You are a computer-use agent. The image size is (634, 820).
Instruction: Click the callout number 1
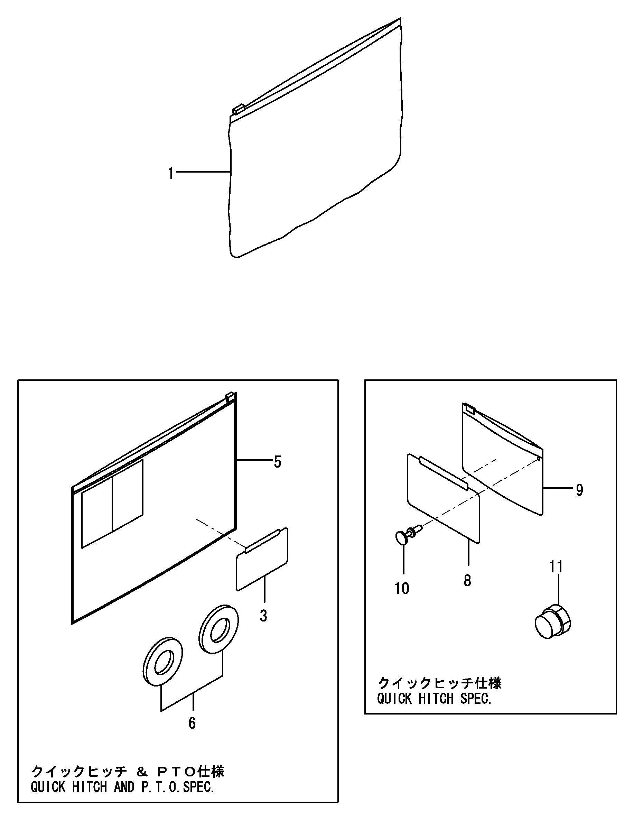(171, 174)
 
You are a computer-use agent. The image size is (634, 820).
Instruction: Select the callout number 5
(277, 462)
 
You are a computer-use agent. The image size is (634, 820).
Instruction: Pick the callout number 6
(192, 723)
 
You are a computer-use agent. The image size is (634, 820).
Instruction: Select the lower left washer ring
(162, 662)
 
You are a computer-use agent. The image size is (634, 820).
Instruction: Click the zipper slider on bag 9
(469, 408)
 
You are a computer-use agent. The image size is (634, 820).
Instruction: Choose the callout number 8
(467, 580)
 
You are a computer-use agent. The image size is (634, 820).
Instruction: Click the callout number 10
(402, 588)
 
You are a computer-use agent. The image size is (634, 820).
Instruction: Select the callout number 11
(556, 567)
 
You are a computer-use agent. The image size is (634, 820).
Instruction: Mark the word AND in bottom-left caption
(124, 786)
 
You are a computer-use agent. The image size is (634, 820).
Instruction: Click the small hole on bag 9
(539, 459)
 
